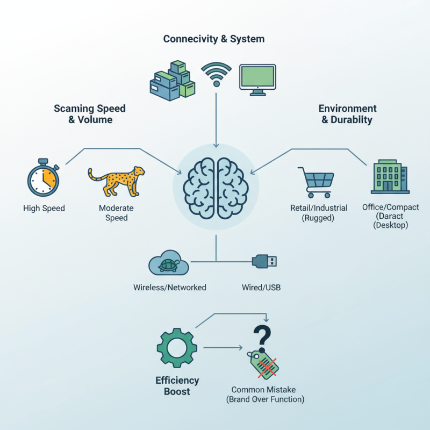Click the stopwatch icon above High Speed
(42, 180)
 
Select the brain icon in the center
(216, 188)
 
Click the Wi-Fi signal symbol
(216, 74)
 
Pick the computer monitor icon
(257, 80)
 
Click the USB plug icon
(264, 262)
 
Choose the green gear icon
(176, 348)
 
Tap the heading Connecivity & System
(214, 39)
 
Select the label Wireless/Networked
(170, 288)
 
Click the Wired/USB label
(261, 288)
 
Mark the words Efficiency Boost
(177, 386)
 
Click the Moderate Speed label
(116, 213)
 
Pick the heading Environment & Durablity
(347, 114)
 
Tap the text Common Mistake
(264, 390)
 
